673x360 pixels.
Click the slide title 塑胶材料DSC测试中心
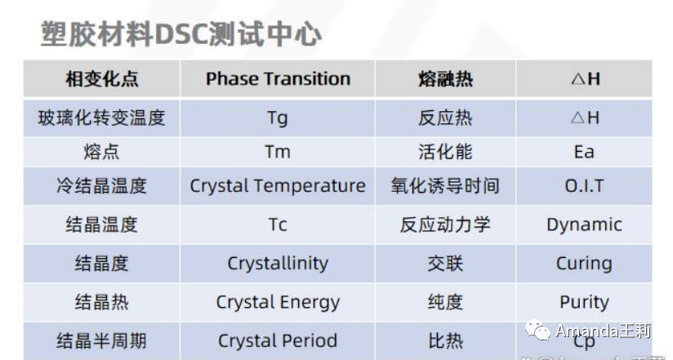pyautogui.click(x=181, y=34)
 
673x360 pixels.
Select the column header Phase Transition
pyautogui.click(x=278, y=79)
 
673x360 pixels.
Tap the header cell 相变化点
pyautogui.click(x=102, y=79)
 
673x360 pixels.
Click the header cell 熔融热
pyautogui.click(x=445, y=79)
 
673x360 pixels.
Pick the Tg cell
pyautogui.click(x=278, y=118)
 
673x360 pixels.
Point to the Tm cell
pyautogui.click(x=278, y=152)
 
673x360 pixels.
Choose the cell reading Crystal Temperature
pyautogui.click(x=278, y=186)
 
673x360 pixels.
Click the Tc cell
pyautogui.click(x=278, y=224)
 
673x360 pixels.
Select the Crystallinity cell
pyautogui.click(x=278, y=264)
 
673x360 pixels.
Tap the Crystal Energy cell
pyautogui.click(x=278, y=302)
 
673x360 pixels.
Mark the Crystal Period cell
pyautogui.click(x=278, y=340)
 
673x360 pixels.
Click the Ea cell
pyautogui.click(x=584, y=152)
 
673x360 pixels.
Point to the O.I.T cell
pyautogui.click(x=584, y=186)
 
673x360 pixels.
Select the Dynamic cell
pyautogui.click(x=584, y=224)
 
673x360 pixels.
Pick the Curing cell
pyautogui.click(x=584, y=264)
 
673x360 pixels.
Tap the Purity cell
pyautogui.click(x=584, y=302)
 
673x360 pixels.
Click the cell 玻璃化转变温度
pyautogui.click(x=102, y=118)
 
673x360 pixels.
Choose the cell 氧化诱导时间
pyautogui.click(x=445, y=186)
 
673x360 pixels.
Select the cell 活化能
pyautogui.click(x=445, y=152)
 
